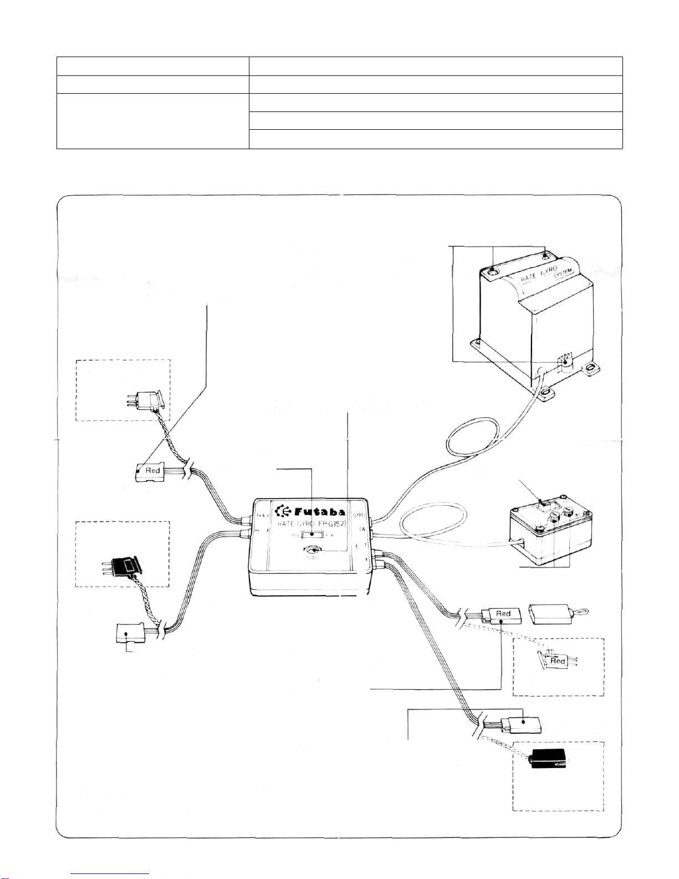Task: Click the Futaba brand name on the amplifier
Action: tap(319, 512)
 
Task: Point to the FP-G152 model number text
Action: tap(331, 524)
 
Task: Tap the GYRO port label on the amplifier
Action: tap(359, 516)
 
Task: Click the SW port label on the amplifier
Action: tap(363, 529)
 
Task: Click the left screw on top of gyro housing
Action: tap(493, 271)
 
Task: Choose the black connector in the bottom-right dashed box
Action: tap(548, 759)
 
